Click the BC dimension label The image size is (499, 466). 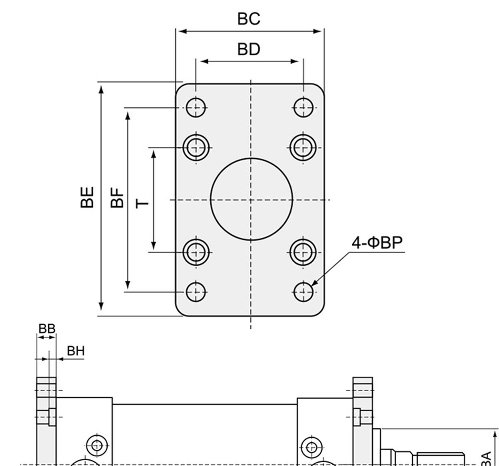(249, 19)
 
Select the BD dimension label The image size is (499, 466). (249, 49)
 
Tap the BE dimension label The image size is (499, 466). (87, 197)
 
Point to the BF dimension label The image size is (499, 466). (118, 197)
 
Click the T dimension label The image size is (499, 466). (142, 203)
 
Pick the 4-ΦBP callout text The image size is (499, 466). (377, 242)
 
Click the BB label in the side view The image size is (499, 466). (47, 328)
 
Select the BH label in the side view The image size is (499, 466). (76, 351)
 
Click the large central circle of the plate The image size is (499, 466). (251, 199)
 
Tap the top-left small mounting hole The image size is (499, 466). (195, 107)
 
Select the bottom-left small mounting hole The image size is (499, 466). (195, 291)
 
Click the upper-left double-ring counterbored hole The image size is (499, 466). (196, 147)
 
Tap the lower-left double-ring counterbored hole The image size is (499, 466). (196, 252)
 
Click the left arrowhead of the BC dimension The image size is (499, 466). (180, 31)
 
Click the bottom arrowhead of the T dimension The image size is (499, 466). (154, 247)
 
